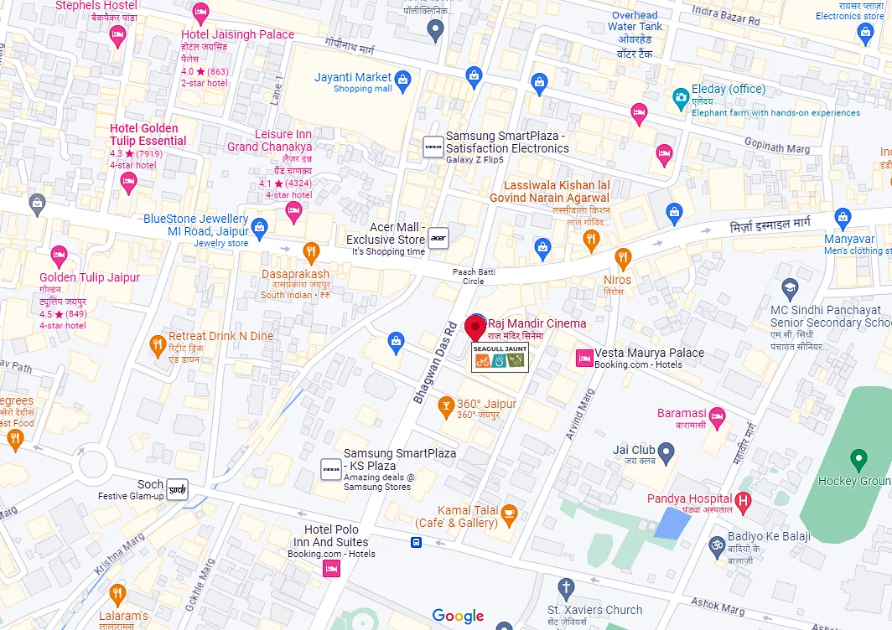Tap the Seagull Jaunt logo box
[x=499, y=356]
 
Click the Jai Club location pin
[x=666, y=454]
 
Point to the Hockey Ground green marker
[x=858, y=459]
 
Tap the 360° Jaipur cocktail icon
[x=446, y=408]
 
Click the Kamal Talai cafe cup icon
[x=509, y=513]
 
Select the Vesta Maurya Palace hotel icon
[x=583, y=359]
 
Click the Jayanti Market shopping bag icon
[x=403, y=81]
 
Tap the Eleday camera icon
[x=681, y=99]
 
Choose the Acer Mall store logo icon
[x=438, y=238]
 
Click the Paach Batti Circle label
[x=475, y=276]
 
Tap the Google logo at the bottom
[x=458, y=616]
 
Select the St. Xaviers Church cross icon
[x=566, y=587]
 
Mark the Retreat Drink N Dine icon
[x=157, y=344]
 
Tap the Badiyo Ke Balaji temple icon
[x=716, y=545]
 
